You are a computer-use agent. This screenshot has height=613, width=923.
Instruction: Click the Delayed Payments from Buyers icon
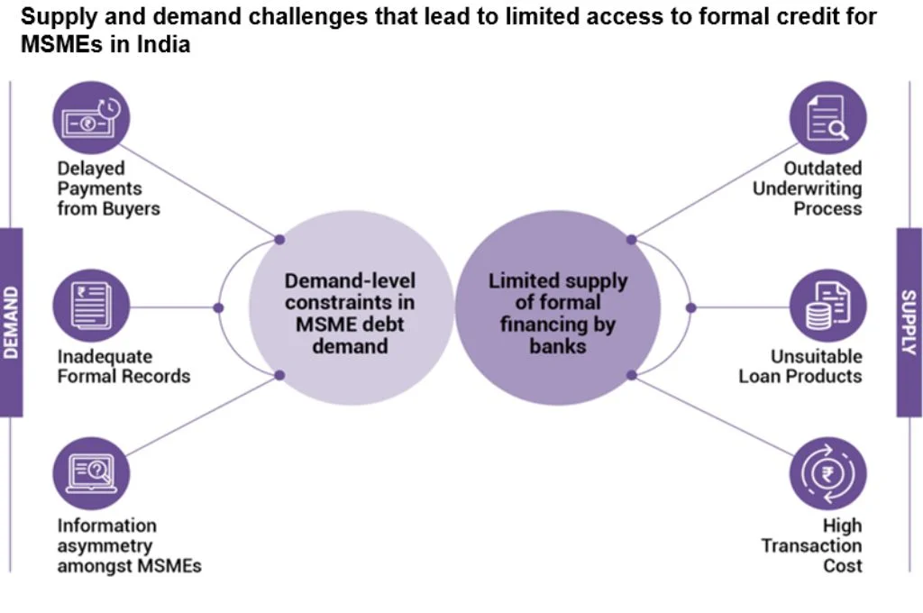click(91, 118)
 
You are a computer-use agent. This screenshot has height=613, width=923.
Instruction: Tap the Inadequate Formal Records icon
click(91, 306)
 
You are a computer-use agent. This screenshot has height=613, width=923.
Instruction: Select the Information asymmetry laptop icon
click(91, 471)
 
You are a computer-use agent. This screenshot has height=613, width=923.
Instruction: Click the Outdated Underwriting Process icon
click(827, 118)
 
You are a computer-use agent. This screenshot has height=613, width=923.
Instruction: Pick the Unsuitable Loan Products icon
click(827, 306)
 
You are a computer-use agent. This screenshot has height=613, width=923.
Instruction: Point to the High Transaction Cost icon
click(827, 473)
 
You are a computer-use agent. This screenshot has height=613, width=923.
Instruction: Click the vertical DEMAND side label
click(11, 322)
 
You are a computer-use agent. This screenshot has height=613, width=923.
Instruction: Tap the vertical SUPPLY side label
click(909, 322)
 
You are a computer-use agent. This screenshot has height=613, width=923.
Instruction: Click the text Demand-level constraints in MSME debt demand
click(350, 313)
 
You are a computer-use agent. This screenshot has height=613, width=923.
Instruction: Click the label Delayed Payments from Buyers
click(108, 188)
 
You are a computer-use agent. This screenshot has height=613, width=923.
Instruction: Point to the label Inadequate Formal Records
click(123, 366)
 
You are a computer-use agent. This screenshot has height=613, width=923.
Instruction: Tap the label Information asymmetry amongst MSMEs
click(129, 545)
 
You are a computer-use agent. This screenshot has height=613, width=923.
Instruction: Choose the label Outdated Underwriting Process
click(808, 188)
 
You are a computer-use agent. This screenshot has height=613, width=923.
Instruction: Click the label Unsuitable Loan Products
click(800, 366)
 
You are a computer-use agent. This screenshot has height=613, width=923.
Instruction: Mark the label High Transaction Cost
click(812, 545)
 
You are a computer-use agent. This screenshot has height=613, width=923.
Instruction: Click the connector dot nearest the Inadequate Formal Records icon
click(218, 307)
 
